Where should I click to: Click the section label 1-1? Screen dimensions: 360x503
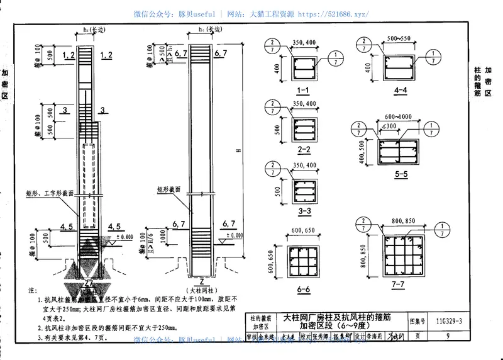tap(304, 91)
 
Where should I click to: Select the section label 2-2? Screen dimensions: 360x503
tap(304, 150)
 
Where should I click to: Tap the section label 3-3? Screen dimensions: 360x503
tap(304, 211)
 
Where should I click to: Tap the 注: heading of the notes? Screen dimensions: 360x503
tap(33, 291)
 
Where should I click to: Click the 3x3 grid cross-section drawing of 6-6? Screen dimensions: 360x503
tap(304, 257)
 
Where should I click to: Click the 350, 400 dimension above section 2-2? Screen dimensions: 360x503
tap(304, 103)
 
